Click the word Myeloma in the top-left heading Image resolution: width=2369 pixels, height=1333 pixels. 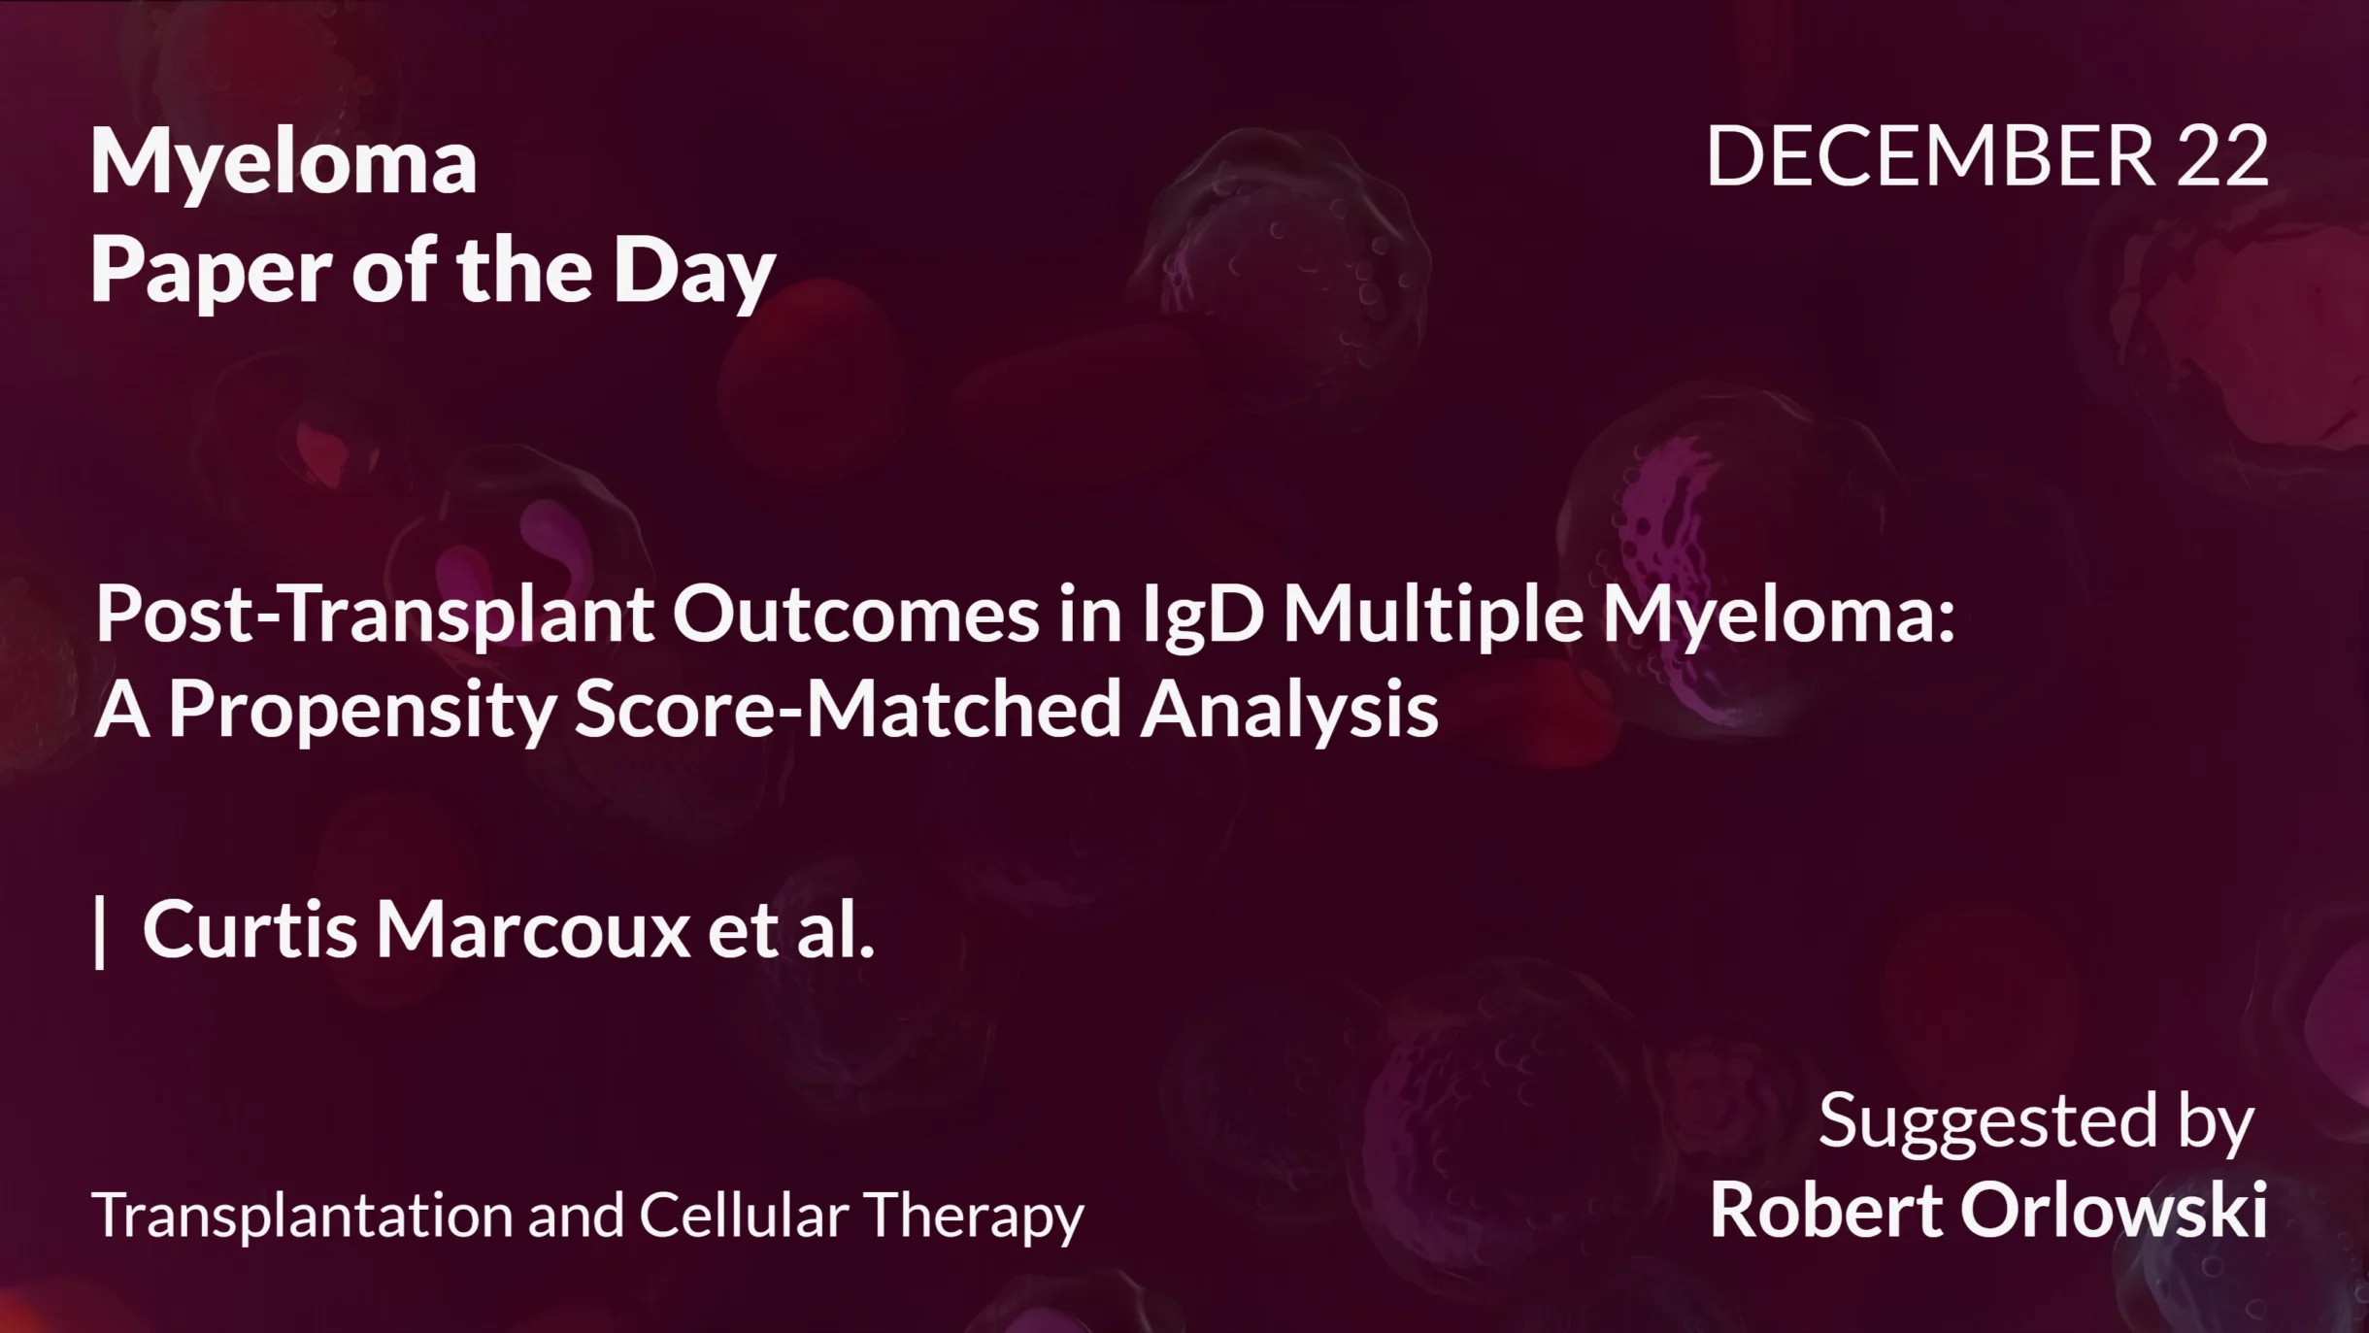(284, 163)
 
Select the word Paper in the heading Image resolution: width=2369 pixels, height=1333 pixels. (212, 272)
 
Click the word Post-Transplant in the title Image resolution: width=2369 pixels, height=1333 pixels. (375, 615)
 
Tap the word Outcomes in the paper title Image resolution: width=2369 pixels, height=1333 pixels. (855, 615)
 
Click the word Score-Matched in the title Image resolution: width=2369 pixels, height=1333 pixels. (848, 710)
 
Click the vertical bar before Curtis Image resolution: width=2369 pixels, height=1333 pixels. (100, 932)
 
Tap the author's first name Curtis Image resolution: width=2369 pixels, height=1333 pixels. (250, 930)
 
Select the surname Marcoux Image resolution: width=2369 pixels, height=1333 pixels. (533, 930)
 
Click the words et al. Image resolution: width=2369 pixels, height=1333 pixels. (790, 930)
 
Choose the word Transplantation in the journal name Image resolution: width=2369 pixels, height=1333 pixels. (302, 1216)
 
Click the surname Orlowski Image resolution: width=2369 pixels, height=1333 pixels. (2114, 1211)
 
